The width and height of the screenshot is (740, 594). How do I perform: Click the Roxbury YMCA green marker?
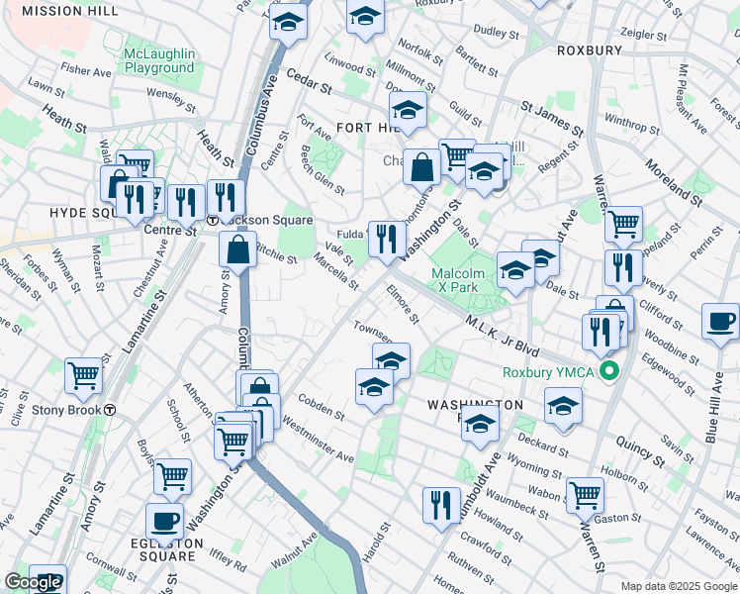611,372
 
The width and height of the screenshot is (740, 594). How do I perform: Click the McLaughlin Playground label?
159,60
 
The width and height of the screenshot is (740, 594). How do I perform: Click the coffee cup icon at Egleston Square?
164,521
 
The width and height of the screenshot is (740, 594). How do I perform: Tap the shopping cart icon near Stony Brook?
84,375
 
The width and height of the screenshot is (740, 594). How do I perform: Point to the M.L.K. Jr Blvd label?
501,340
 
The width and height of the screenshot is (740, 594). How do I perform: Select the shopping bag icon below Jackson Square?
237,249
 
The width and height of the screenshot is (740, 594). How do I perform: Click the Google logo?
32,582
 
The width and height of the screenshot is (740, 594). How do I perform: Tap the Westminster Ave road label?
318,439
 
